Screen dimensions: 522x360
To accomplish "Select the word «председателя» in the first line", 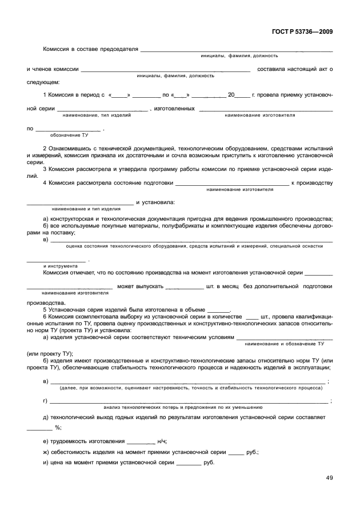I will pyautogui.click(x=119, y=49).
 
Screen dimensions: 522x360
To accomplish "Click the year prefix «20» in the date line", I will pyautogui.click(x=231, y=95).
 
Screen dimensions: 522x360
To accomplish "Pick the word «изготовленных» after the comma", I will pyautogui.click(x=174, y=108).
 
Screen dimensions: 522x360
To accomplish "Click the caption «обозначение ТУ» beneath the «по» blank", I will pyautogui.click(x=69, y=136).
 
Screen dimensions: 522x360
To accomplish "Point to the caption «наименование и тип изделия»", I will pyautogui.click(x=86, y=209).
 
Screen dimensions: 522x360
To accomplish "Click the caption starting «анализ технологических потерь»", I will pyautogui.click(x=183, y=407).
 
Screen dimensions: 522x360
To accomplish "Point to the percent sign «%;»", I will pyautogui.click(x=58, y=428).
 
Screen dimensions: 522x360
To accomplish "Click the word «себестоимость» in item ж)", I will pyautogui.click(x=70, y=451).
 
